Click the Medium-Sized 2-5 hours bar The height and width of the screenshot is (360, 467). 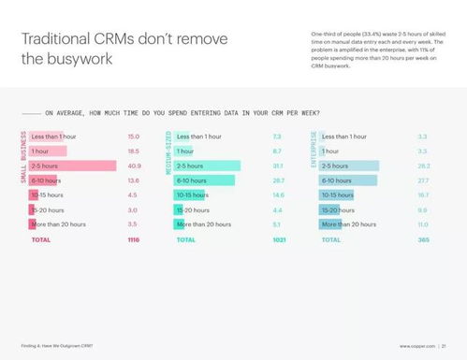pos(206,166)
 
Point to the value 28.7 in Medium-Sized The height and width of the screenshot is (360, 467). pos(278,180)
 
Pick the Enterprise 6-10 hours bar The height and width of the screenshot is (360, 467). pos(348,180)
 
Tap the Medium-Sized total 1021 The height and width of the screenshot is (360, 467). pos(277,239)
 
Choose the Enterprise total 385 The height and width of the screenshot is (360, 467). pos(422,239)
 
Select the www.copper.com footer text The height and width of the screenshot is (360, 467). pos(418,346)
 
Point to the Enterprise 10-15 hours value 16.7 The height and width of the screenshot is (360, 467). pos(422,195)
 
